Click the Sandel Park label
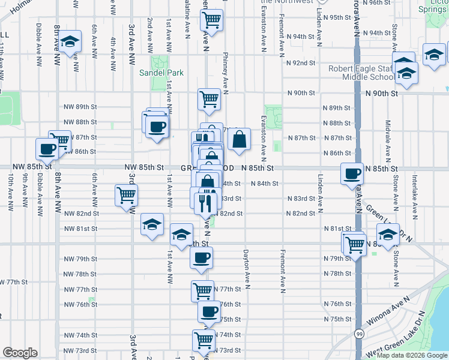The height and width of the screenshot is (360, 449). [x=161, y=73]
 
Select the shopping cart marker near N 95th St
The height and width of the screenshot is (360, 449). [x=211, y=20]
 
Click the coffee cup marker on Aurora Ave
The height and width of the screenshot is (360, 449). [x=352, y=173]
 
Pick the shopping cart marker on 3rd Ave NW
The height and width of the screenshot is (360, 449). [x=126, y=195]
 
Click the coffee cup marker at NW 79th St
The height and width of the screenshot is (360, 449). [x=202, y=258]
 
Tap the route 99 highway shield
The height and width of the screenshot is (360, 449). [x=358, y=333]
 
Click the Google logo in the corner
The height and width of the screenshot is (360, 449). [x=20, y=353]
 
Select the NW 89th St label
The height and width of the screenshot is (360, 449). [x=80, y=107]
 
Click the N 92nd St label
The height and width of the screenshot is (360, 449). [x=301, y=62]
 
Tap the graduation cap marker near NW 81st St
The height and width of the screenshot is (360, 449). [x=152, y=225]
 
